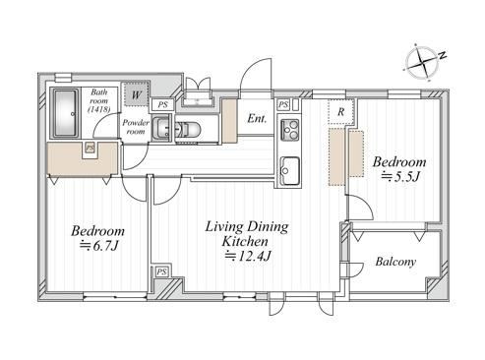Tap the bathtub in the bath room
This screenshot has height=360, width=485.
[x=66, y=113]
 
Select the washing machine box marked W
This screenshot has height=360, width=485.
[x=137, y=94]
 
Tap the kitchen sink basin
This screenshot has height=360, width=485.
[x=290, y=170]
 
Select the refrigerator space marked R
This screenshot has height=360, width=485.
[x=341, y=111]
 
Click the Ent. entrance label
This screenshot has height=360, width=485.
[x=257, y=118]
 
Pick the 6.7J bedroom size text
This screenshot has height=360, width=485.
[x=99, y=245]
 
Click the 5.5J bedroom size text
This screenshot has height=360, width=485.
[x=400, y=177]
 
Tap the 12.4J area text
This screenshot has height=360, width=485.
[x=248, y=256]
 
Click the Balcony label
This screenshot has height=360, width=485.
[x=395, y=262]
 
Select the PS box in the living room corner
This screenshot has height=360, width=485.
[x=161, y=271]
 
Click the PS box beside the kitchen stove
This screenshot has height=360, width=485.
[x=283, y=105]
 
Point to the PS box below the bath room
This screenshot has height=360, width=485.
[x=90, y=148]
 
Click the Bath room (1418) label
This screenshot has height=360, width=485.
[x=98, y=100]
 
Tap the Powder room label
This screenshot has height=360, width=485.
[x=136, y=127]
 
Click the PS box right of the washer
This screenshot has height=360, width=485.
[x=162, y=104]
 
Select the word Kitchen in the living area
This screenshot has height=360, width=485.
[x=245, y=242]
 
